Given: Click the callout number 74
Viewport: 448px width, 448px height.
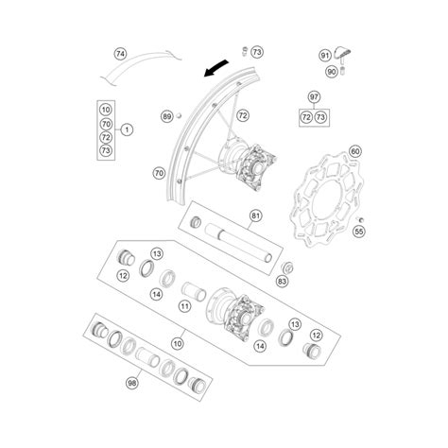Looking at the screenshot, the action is pos(120,54).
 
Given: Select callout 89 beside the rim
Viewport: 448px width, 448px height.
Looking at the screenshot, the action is pos(166,116).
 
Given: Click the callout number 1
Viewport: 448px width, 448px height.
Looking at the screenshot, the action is pos(127,129).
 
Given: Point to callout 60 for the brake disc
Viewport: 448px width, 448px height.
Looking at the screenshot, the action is pos(355,151).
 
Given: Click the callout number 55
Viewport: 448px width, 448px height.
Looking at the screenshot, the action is pos(359,232).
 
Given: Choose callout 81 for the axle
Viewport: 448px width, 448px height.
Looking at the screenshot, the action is pos(255,215).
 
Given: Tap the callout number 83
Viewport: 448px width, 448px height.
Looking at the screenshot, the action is pos(282,281).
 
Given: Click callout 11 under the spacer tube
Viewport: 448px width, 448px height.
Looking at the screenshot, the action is pos(184,305).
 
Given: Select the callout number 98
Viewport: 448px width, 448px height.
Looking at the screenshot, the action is pos(132,383).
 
